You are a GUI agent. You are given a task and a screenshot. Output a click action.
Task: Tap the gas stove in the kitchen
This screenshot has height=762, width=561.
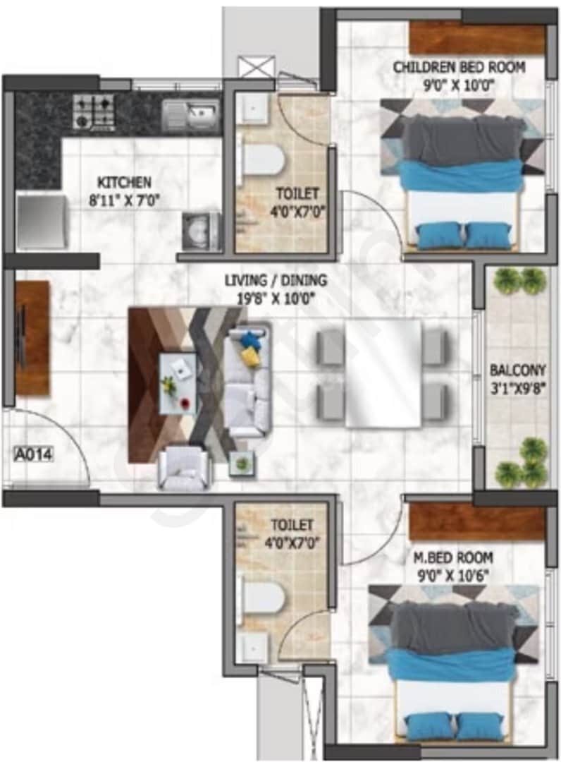coord(94,111)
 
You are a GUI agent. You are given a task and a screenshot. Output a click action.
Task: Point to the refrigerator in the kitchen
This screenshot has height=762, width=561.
coord(42,222)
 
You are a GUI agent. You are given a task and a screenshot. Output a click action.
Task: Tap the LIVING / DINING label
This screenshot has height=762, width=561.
coord(276,282)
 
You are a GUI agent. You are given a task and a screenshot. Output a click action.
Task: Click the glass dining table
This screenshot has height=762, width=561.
coord(383,373)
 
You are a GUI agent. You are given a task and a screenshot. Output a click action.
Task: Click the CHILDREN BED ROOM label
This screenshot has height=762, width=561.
coord(459,68)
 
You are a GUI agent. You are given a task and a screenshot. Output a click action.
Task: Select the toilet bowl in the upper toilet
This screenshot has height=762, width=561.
coord(262,159)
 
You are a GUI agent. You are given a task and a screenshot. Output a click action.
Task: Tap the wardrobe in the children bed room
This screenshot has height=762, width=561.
coord(477,38)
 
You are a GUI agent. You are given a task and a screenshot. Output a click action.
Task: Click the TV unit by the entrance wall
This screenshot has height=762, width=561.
coord(32,337)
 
